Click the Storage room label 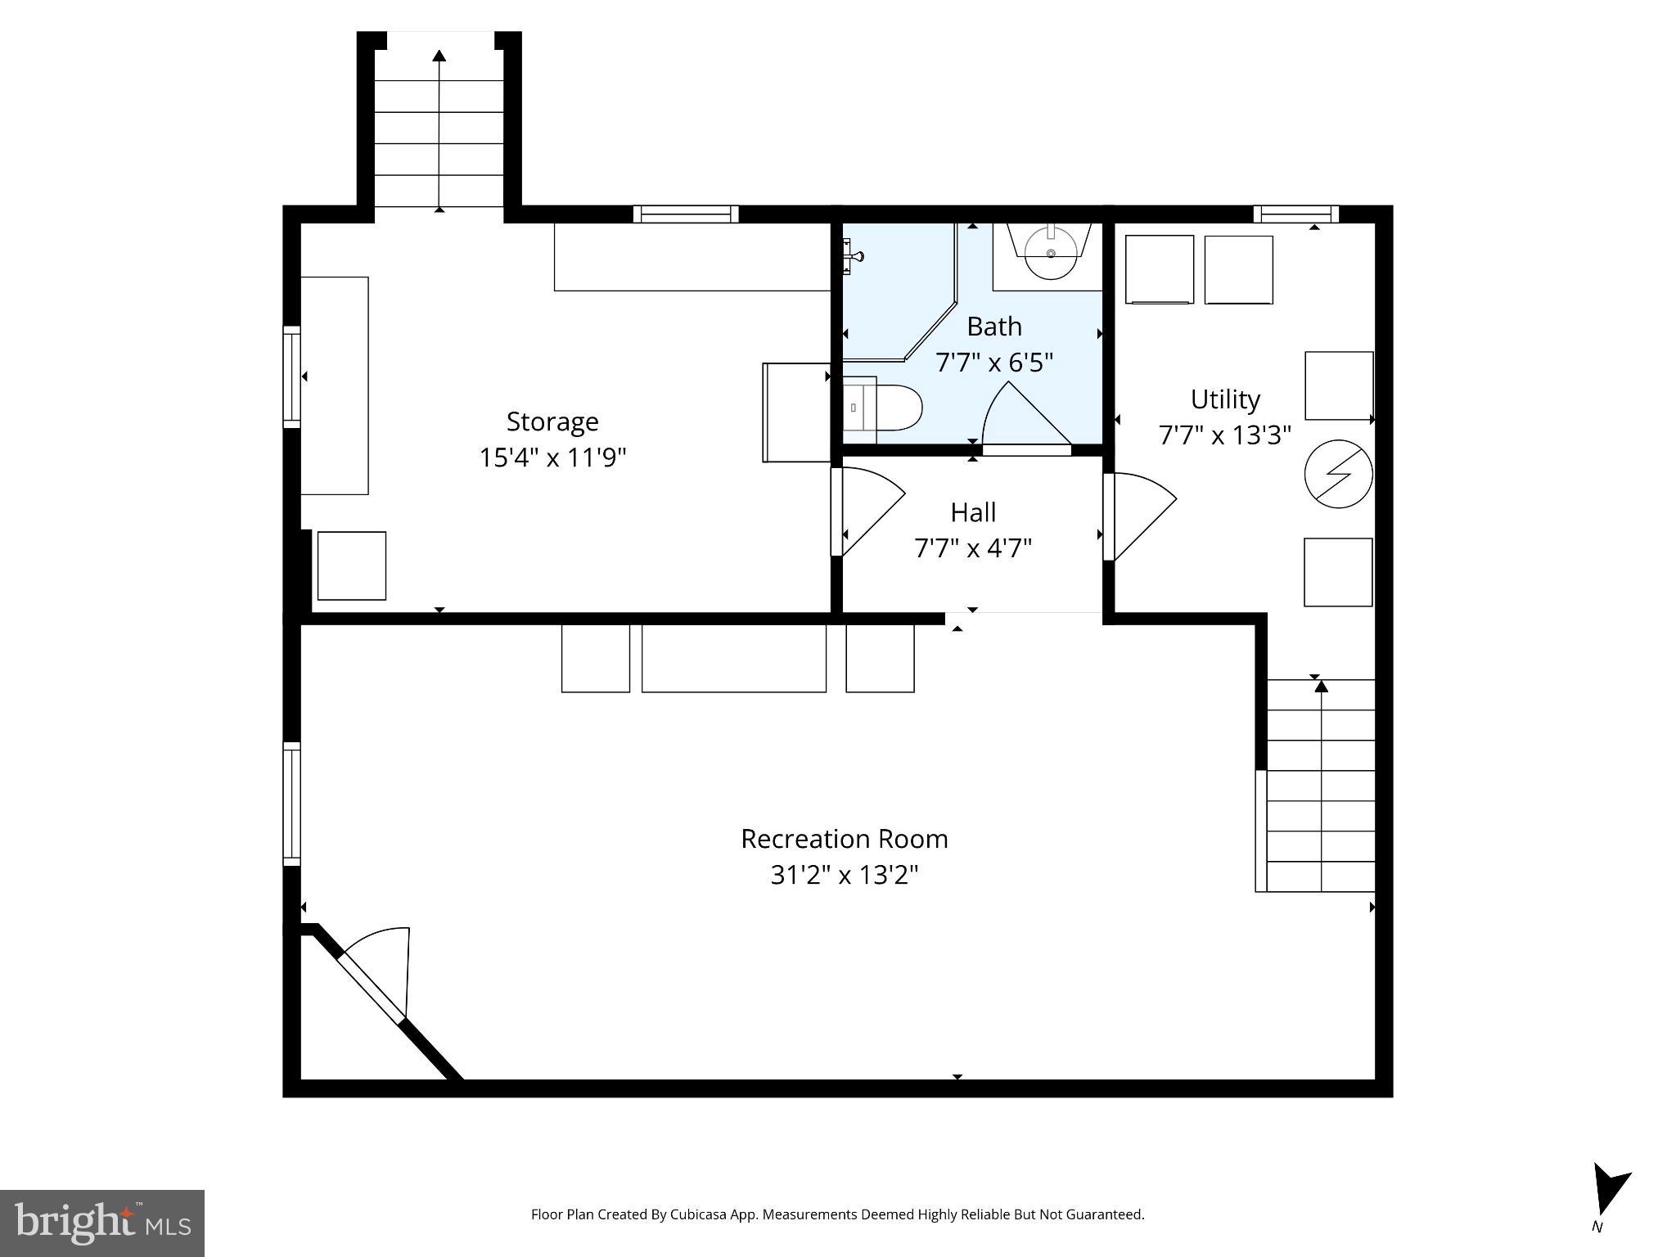[x=552, y=421]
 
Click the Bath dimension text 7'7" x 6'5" [x=993, y=362]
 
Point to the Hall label [x=973, y=512]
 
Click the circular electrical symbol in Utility [x=1338, y=474]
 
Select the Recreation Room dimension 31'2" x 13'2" [x=844, y=875]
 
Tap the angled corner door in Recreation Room [x=372, y=977]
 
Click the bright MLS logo [x=101, y=1223]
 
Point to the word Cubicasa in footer [x=700, y=1214]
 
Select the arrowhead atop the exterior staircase [x=439, y=56]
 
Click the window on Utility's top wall [x=1295, y=214]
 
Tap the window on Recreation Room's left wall [x=291, y=804]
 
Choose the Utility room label [x=1224, y=399]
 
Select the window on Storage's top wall [x=686, y=214]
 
